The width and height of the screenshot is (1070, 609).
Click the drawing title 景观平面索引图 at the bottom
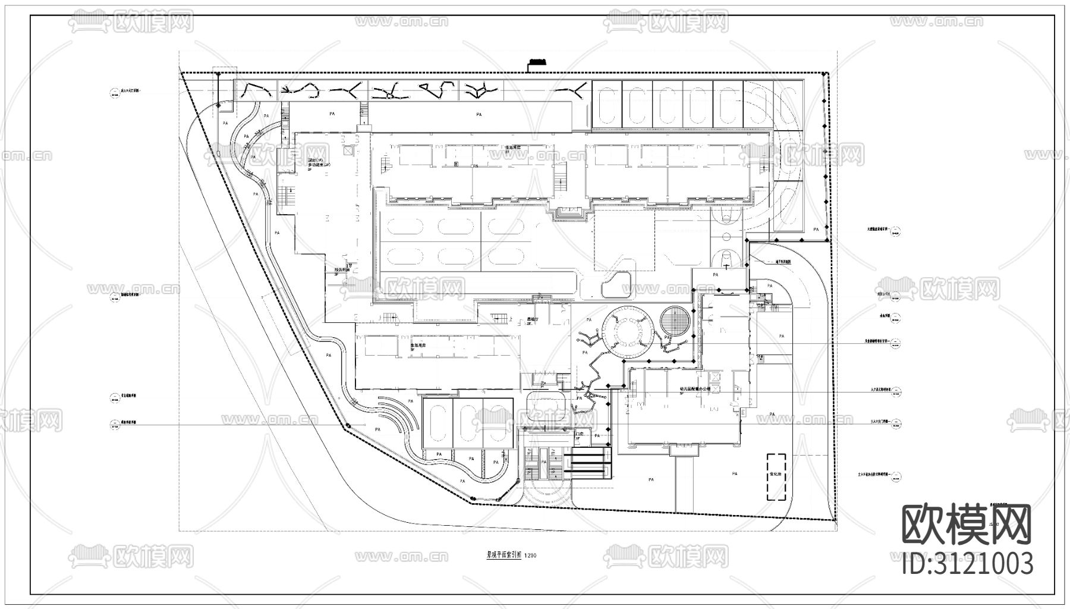click(x=503, y=555)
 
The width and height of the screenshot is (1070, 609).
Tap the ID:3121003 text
click(x=967, y=563)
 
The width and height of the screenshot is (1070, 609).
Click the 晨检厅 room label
click(x=533, y=319)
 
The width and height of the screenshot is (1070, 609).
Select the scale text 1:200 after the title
click(x=530, y=556)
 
